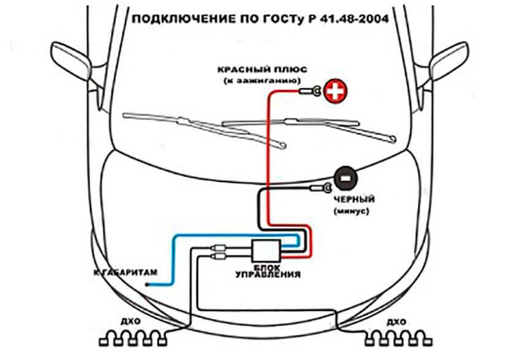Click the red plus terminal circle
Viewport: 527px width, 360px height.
coord(335,92)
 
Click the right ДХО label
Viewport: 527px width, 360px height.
coord(396,321)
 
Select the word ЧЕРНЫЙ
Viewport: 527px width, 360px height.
coord(354,200)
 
